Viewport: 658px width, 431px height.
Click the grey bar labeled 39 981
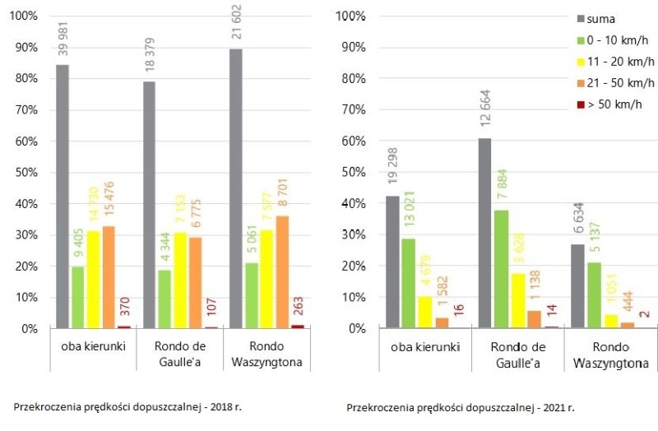[62, 197]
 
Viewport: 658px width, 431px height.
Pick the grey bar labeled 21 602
[235, 189]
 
